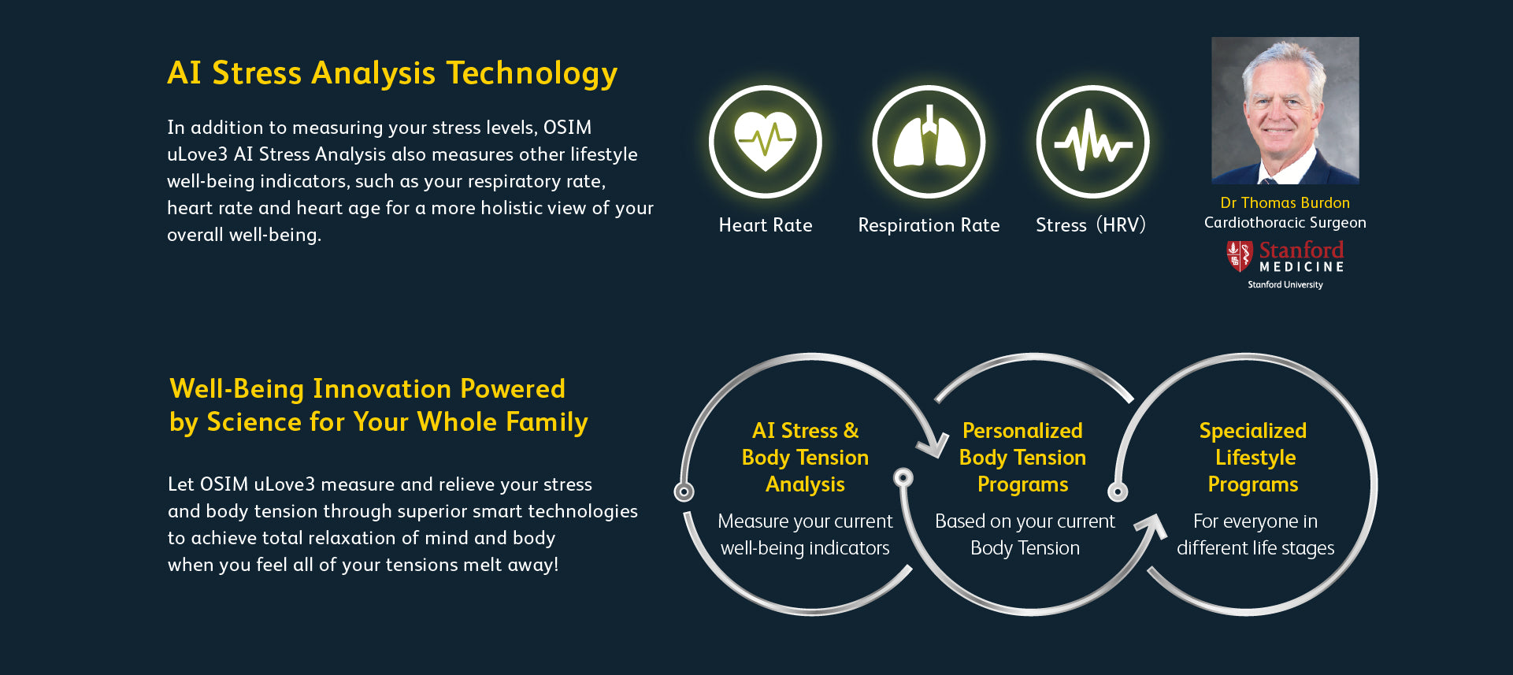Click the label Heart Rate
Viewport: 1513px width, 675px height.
click(x=766, y=225)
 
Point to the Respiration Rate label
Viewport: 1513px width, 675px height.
click(x=929, y=226)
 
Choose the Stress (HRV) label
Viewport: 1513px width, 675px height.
click(x=1091, y=225)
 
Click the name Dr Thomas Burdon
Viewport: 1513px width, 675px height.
click(x=1285, y=202)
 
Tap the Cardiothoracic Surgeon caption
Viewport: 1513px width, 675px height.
click(x=1285, y=223)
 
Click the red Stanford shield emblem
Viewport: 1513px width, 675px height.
click(x=1239, y=256)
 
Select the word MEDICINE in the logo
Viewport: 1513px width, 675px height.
click(x=1301, y=267)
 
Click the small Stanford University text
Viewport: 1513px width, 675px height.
click(x=1285, y=285)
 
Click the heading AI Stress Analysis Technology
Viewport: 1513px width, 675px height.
click(x=392, y=73)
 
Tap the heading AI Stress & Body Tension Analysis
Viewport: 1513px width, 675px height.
click(x=805, y=458)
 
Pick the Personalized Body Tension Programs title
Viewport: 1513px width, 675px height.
click(x=1022, y=458)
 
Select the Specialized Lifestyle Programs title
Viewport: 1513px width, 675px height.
click(x=1253, y=458)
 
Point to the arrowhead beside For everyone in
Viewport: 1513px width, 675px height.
click(x=1151, y=527)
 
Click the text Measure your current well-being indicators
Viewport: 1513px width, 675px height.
click(x=805, y=535)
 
